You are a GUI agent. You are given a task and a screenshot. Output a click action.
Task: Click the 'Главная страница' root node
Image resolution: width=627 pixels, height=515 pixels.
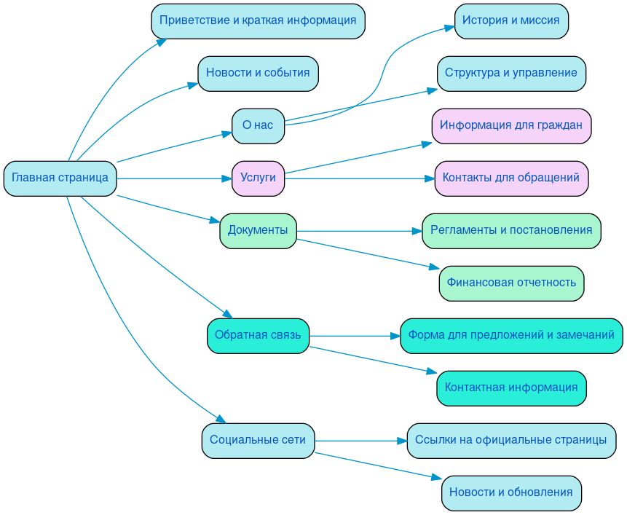(x=60, y=178)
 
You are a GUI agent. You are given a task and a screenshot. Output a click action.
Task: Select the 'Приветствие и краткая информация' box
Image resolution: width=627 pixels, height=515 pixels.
(x=258, y=20)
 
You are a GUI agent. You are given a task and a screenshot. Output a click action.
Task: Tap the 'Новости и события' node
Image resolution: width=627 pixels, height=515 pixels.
(x=258, y=73)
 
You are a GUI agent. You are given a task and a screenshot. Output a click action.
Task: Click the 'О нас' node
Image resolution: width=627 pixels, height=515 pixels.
(x=258, y=125)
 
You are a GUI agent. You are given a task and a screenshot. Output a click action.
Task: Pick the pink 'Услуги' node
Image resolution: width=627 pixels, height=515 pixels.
(x=258, y=178)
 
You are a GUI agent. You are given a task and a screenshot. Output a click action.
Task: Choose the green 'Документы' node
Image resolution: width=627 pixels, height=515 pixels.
(x=258, y=230)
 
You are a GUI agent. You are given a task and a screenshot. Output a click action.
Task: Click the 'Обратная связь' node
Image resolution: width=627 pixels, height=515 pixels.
(x=258, y=335)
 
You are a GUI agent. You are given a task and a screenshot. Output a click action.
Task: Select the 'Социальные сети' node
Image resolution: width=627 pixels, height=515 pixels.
(x=258, y=440)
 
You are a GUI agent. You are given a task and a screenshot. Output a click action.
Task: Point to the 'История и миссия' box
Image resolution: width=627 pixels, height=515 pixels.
(x=510, y=20)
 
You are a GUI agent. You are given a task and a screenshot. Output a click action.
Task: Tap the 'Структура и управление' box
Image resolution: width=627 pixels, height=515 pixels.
(x=510, y=73)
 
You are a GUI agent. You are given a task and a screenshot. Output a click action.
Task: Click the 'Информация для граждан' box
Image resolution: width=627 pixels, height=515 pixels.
(x=510, y=125)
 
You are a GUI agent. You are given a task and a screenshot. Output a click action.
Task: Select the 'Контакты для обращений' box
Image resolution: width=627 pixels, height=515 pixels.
(x=510, y=178)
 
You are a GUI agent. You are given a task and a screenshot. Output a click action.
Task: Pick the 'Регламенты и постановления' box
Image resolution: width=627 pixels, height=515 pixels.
(x=510, y=230)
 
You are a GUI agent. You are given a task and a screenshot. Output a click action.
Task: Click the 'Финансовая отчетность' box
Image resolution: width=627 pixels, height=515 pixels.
(x=510, y=283)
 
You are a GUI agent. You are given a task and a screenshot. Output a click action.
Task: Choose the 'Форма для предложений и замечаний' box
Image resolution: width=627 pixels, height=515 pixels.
(x=510, y=335)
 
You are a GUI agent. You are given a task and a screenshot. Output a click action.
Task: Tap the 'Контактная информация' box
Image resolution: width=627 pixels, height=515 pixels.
(x=510, y=388)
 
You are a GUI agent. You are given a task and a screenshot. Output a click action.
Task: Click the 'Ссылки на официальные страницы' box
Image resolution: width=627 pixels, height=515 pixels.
(x=510, y=440)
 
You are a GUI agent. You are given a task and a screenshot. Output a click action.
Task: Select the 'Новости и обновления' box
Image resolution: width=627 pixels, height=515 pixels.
(x=510, y=492)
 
